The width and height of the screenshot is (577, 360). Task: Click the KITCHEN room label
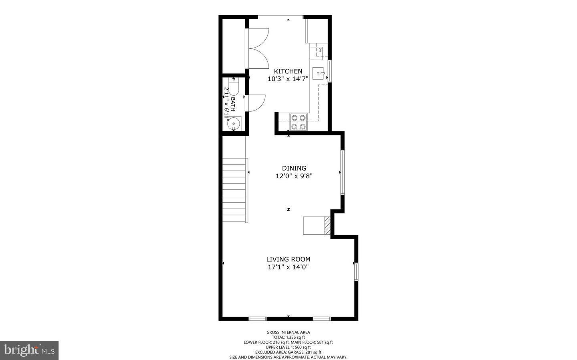(x=288, y=71)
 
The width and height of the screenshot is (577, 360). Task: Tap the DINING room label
(x=294, y=168)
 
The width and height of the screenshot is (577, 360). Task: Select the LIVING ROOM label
(x=288, y=259)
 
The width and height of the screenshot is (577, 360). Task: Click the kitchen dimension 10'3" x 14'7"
(x=288, y=79)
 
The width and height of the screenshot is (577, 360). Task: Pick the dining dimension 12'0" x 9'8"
(x=294, y=176)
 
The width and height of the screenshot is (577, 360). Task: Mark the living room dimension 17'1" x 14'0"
(x=288, y=267)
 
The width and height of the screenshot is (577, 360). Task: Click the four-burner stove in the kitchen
(x=299, y=122)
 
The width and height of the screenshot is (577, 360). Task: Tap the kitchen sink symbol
(x=319, y=73)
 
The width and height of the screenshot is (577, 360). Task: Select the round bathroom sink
(x=233, y=124)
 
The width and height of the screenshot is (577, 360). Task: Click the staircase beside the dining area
(x=235, y=190)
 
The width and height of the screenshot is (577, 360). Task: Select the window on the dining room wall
(x=342, y=172)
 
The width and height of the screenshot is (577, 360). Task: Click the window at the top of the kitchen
(x=280, y=17)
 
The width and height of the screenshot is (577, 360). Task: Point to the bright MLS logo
(x=29, y=350)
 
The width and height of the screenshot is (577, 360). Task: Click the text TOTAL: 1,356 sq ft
(x=288, y=337)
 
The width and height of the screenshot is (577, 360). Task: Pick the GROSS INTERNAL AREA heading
(x=288, y=332)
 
